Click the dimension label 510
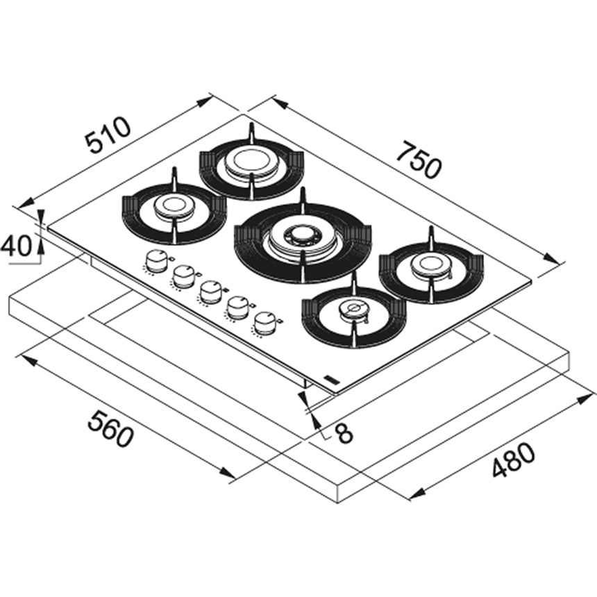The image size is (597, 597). pos(108,135)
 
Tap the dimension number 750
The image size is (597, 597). pos(419,160)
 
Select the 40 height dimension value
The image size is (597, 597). pos(15,246)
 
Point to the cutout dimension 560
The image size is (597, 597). pos(110,428)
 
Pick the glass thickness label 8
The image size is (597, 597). pos(344,433)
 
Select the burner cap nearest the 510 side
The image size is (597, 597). pos(174,206)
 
